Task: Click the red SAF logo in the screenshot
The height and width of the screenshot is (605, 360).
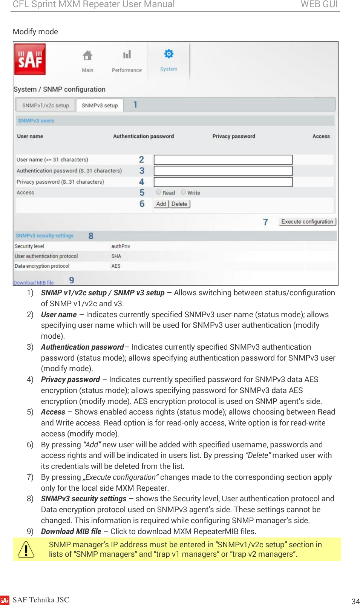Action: [x=30, y=59]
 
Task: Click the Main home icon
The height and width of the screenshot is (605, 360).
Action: [x=87, y=56]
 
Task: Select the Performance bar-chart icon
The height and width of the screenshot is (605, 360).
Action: [x=127, y=55]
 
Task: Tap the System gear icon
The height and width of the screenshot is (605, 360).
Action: [x=169, y=54]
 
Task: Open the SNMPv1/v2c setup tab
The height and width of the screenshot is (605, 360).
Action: [x=46, y=106]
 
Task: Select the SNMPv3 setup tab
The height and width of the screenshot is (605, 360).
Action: [x=100, y=106]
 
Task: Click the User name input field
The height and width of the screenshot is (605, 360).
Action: [x=223, y=160]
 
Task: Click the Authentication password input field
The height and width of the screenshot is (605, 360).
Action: [x=223, y=171]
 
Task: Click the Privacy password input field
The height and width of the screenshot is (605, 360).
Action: [x=223, y=182]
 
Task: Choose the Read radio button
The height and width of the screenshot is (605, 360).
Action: [x=158, y=192]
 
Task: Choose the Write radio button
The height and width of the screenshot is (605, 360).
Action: [x=183, y=192]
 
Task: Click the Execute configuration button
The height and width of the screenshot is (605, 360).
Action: [x=307, y=222]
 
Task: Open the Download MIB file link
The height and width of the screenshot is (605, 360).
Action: [x=34, y=283]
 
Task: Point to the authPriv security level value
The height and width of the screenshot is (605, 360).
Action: [x=121, y=246]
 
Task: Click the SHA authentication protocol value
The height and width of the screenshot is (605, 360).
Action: [x=116, y=256]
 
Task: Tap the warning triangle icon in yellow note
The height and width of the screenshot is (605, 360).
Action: [x=26, y=550]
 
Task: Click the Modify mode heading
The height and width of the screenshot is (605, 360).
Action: [x=35, y=32]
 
